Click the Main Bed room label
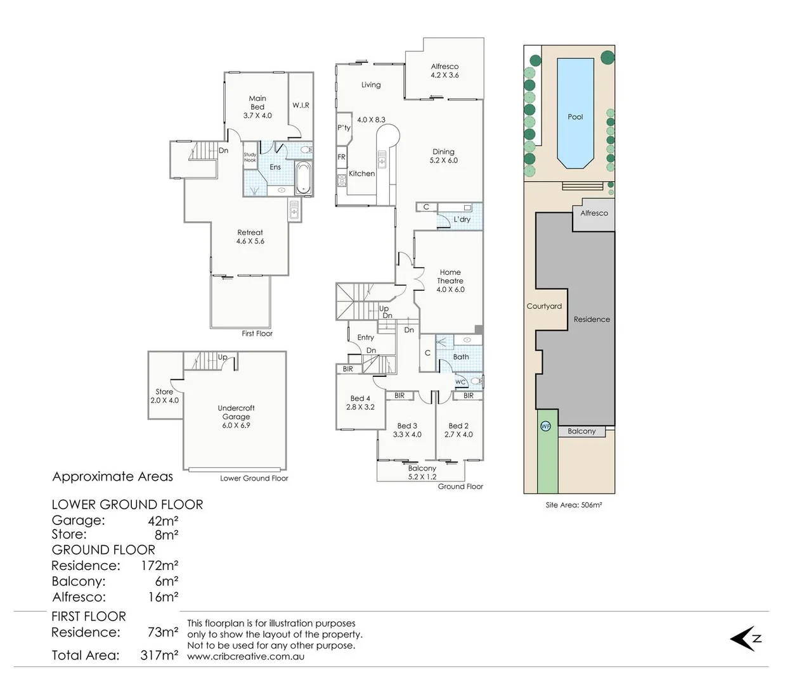pos(257,107)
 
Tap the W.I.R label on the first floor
pos(301,105)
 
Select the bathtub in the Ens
pos(304,177)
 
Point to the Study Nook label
pos(250,158)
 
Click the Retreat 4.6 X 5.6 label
pos(250,237)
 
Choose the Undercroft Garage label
pos(236,417)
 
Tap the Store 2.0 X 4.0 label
pos(164,396)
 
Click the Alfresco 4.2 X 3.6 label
pos(444,70)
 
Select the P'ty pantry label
pos(344,128)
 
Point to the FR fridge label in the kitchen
pos(341,157)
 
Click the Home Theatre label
pos(450,281)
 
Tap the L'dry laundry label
pos(462,219)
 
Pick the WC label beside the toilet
pos(460,382)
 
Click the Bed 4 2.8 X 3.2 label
pos(360,403)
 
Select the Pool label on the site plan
pos(575,117)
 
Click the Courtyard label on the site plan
pos(544,306)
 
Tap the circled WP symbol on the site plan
pos(545,426)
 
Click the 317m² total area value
pos(159,655)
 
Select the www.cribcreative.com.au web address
pos(245,657)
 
